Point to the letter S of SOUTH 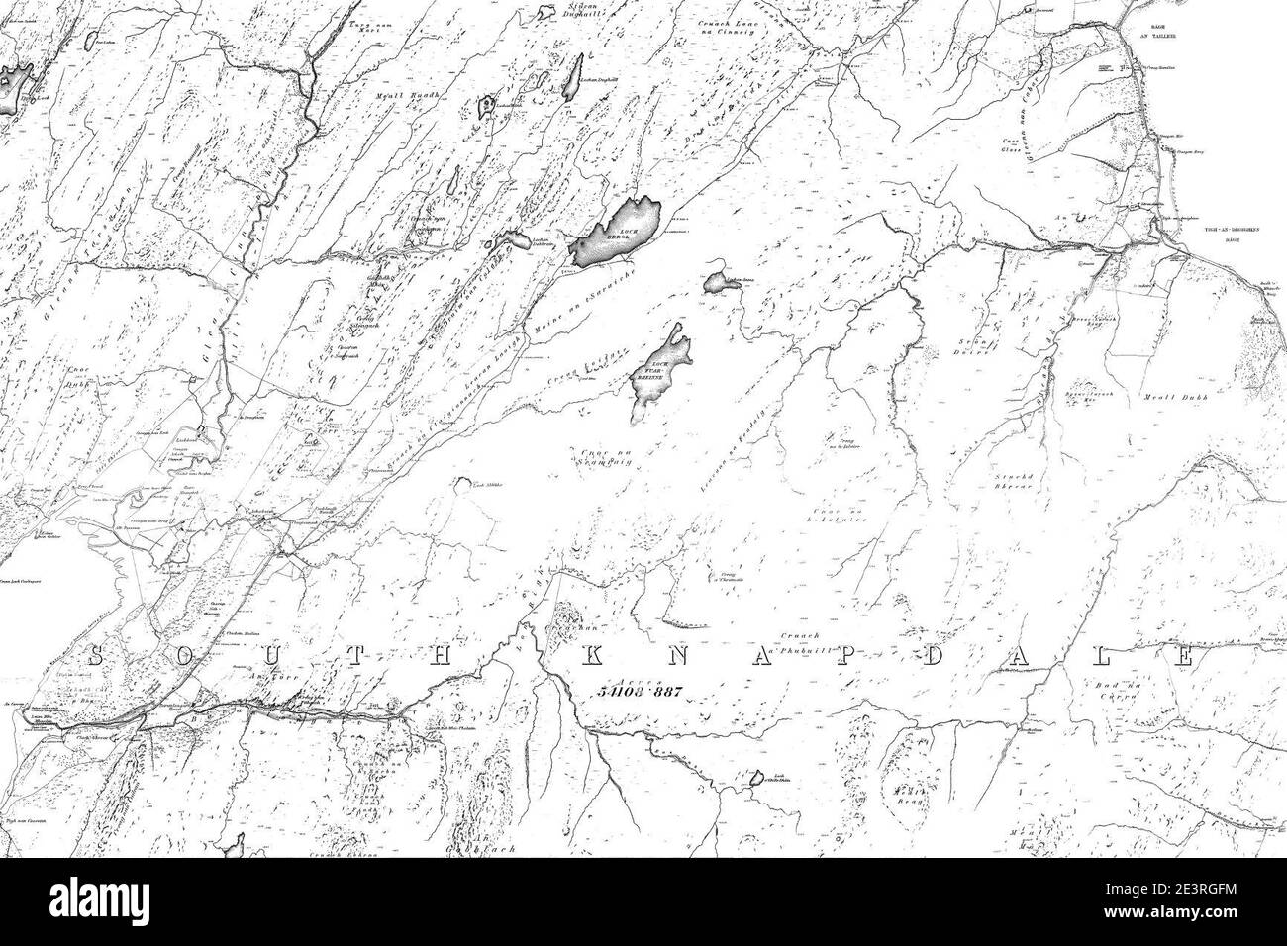tap(98, 655)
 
